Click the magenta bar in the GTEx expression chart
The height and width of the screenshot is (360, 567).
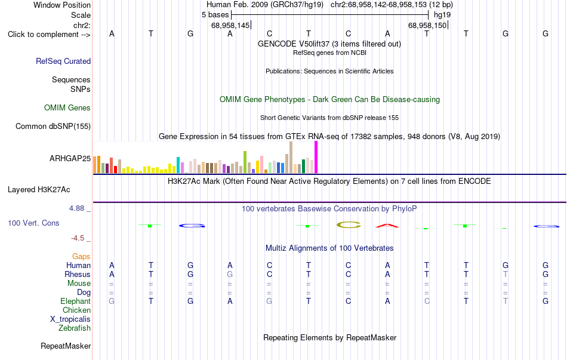pyautogui.click(x=316, y=157)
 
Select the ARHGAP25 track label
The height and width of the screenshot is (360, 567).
pyautogui.click(x=70, y=158)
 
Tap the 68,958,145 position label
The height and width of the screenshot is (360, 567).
pyautogui.click(x=230, y=25)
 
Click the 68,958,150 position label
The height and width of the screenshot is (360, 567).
pyautogui.click(x=427, y=25)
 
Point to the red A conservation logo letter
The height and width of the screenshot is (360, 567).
pyautogui.click(x=387, y=226)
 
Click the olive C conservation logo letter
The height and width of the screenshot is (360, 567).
pyautogui.click(x=349, y=225)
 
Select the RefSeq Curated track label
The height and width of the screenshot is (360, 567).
pyautogui.click(x=63, y=61)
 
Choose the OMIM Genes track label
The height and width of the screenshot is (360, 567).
pyautogui.click(x=67, y=108)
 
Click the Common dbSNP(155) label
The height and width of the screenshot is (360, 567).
pyautogui.click(x=53, y=127)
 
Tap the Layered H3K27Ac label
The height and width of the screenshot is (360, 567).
pyautogui.click(x=39, y=190)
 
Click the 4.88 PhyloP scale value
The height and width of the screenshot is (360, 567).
pyautogui.click(x=76, y=208)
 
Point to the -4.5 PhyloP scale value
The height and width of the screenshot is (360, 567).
pyautogui.click(x=78, y=238)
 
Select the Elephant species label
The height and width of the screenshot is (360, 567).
pyautogui.click(x=76, y=301)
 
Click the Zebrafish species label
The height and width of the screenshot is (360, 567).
pyautogui.click(x=75, y=328)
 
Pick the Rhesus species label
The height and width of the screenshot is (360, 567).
pyautogui.click(x=78, y=274)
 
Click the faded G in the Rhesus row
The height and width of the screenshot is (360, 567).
pyautogui.click(x=230, y=274)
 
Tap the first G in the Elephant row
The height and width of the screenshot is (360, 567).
pyautogui.click(x=112, y=301)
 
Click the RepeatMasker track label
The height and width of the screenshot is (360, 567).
pyautogui.click(x=66, y=346)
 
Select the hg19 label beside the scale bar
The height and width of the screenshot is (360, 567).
pyautogui.click(x=442, y=15)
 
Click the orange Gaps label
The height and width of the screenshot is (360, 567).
pyautogui.click(x=81, y=257)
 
